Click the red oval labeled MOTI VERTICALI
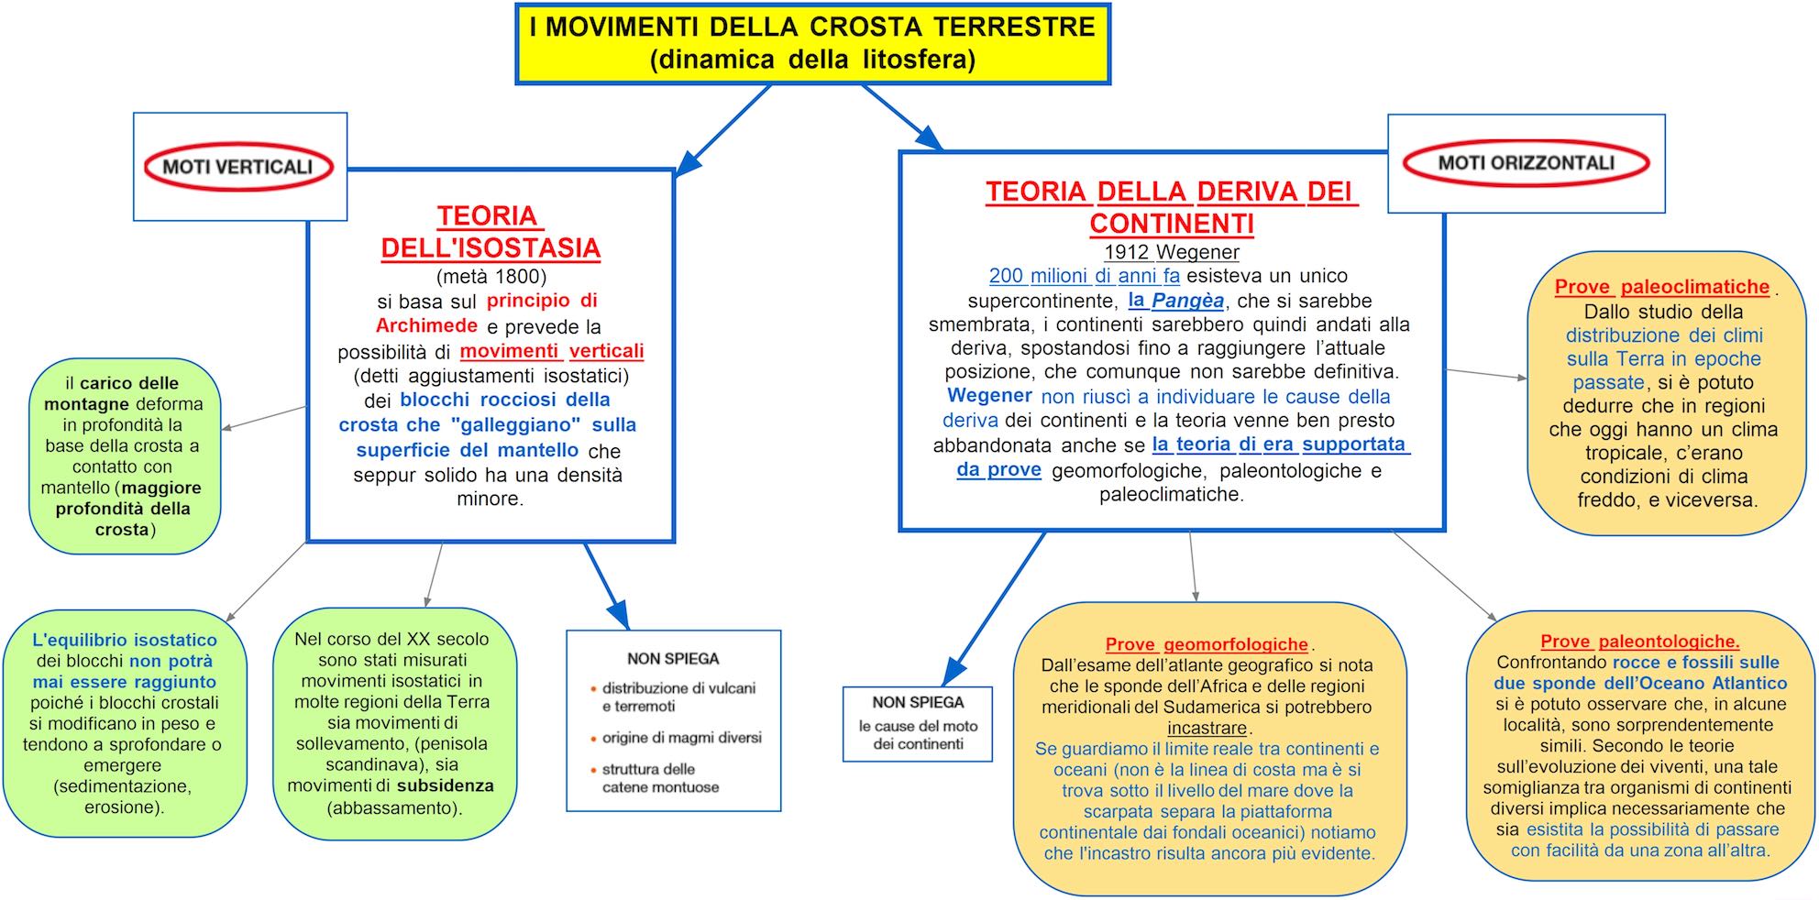(x=238, y=167)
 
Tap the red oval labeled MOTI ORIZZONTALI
(x=1526, y=163)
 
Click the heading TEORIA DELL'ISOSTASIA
(x=491, y=232)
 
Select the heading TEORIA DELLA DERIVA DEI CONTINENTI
(x=1171, y=207)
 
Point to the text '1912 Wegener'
(x=1171, y=252)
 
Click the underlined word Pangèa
(x=1187, y=301)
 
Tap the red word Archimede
(x=426, y=326)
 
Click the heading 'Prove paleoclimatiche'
(x=1661, y=287)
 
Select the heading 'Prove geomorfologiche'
(x=1207, y=644)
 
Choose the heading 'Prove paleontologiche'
(x=1639, y=642)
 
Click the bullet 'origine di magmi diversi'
(x=681, y=738)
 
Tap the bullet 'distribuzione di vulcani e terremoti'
(x=678, y=697)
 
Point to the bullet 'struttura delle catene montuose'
(x=660, y=778)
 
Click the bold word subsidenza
(x=445, y=786)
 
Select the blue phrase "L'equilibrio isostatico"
(x=125, y=640)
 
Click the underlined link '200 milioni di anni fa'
(x=1084, y=276)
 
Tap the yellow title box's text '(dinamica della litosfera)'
(x=812, y=60)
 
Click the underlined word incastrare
(x=1207, y=729)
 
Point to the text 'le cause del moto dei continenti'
(x=918, y=735)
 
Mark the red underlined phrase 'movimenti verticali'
(x=552, y=351)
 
